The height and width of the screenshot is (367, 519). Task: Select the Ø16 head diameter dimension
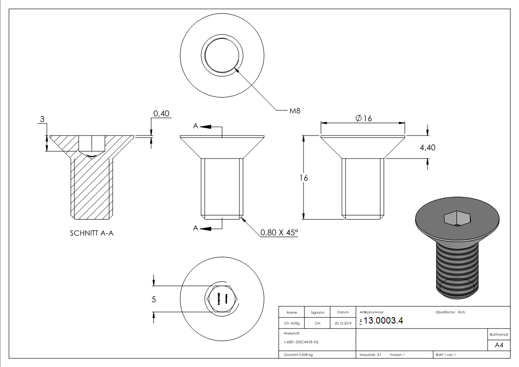(x=364, y=118)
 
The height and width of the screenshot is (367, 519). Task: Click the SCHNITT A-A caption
(x=91, y=233)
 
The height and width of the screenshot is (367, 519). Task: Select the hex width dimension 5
(x=154, y=299)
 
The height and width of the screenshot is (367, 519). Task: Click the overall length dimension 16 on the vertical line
(x=304, y=178)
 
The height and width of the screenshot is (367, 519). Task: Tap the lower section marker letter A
(x=195, y=228)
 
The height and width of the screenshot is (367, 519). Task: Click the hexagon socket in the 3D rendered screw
(x=456, y=218)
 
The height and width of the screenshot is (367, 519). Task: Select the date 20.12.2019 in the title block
(x=342, y=324)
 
